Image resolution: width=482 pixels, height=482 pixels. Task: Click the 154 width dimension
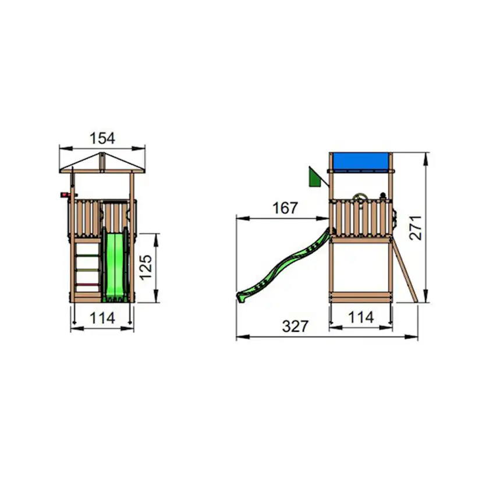tap(102, 139)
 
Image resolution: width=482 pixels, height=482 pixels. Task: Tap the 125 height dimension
tap(146, 267)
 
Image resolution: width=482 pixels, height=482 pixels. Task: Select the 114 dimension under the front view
tap(102, 318)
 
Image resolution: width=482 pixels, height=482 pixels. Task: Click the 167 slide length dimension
tap(285, 208)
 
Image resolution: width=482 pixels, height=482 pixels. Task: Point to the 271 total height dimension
tap(416, 228)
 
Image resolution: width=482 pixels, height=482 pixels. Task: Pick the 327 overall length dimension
tap(295, 326)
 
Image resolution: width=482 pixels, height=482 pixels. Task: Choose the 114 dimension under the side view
tap(361, 317)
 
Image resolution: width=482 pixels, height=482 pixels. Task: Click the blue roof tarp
tap(360, 161)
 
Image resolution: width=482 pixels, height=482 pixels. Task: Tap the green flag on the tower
tap(315, 178)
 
